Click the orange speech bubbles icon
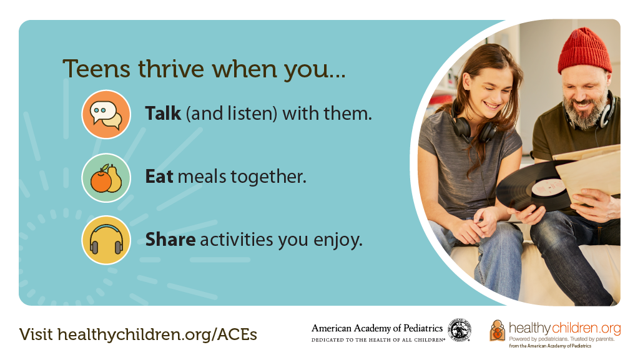point(106,115)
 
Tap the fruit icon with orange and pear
point(106,178)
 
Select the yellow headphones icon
point(106,240)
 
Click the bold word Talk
point(163,114)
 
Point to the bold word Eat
point(159,177)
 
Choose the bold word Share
point(170,240)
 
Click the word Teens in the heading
point(96,69)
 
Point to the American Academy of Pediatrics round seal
point(459,330)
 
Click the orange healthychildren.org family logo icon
point(497,331)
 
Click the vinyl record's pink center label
point(549,188)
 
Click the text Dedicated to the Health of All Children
point(378,339)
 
